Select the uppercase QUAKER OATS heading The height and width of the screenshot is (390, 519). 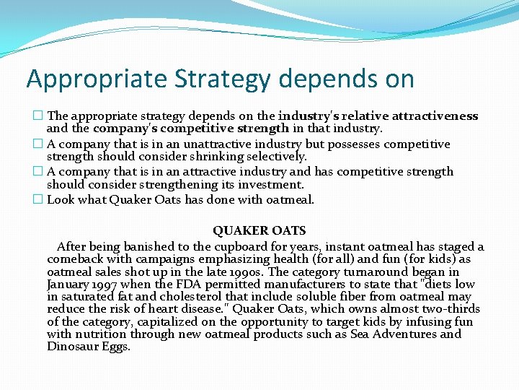tap(259, 231)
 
